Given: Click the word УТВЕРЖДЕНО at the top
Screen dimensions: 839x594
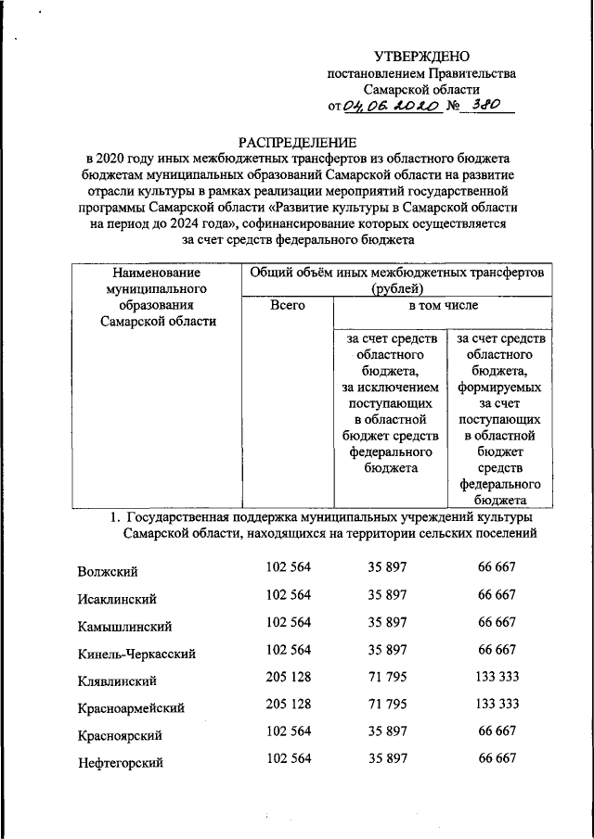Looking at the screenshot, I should coord(421,57).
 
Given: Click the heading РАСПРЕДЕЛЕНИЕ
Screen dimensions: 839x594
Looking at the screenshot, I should coord(297,141).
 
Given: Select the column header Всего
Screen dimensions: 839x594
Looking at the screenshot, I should coord(286,305).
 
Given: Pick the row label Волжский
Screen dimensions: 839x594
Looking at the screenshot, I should coord(109,570).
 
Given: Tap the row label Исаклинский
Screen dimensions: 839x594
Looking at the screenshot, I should coord(116,598).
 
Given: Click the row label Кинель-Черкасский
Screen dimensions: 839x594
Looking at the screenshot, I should coord(136,654).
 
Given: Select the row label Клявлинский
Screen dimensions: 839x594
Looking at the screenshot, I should coord(117,680).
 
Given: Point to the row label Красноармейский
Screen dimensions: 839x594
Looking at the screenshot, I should coord(131,708).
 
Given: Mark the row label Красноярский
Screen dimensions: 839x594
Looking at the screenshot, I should coord(121,735).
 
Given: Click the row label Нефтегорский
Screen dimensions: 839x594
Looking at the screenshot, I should coord(121,763).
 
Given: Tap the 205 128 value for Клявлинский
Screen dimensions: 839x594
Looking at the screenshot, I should coord(288,678).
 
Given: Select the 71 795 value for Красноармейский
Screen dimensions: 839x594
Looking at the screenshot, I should coord(387,705).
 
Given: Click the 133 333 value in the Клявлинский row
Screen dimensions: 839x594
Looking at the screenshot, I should coord(497,678).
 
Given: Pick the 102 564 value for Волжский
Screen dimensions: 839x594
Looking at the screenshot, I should coord(288,567).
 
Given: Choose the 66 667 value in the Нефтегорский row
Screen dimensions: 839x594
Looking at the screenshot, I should coord(497,759).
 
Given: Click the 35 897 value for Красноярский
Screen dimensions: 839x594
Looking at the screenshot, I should coord(387,731).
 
